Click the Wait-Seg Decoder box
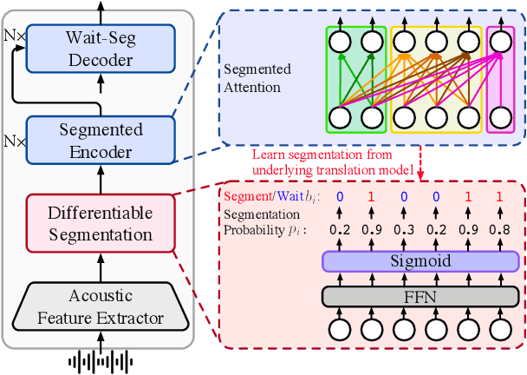100,49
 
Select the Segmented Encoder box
100,141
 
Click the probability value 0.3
403,231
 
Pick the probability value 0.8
498,231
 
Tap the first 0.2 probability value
340,231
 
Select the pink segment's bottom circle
500,116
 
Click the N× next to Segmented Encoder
14,138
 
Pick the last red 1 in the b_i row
498,197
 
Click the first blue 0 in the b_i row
340,197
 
